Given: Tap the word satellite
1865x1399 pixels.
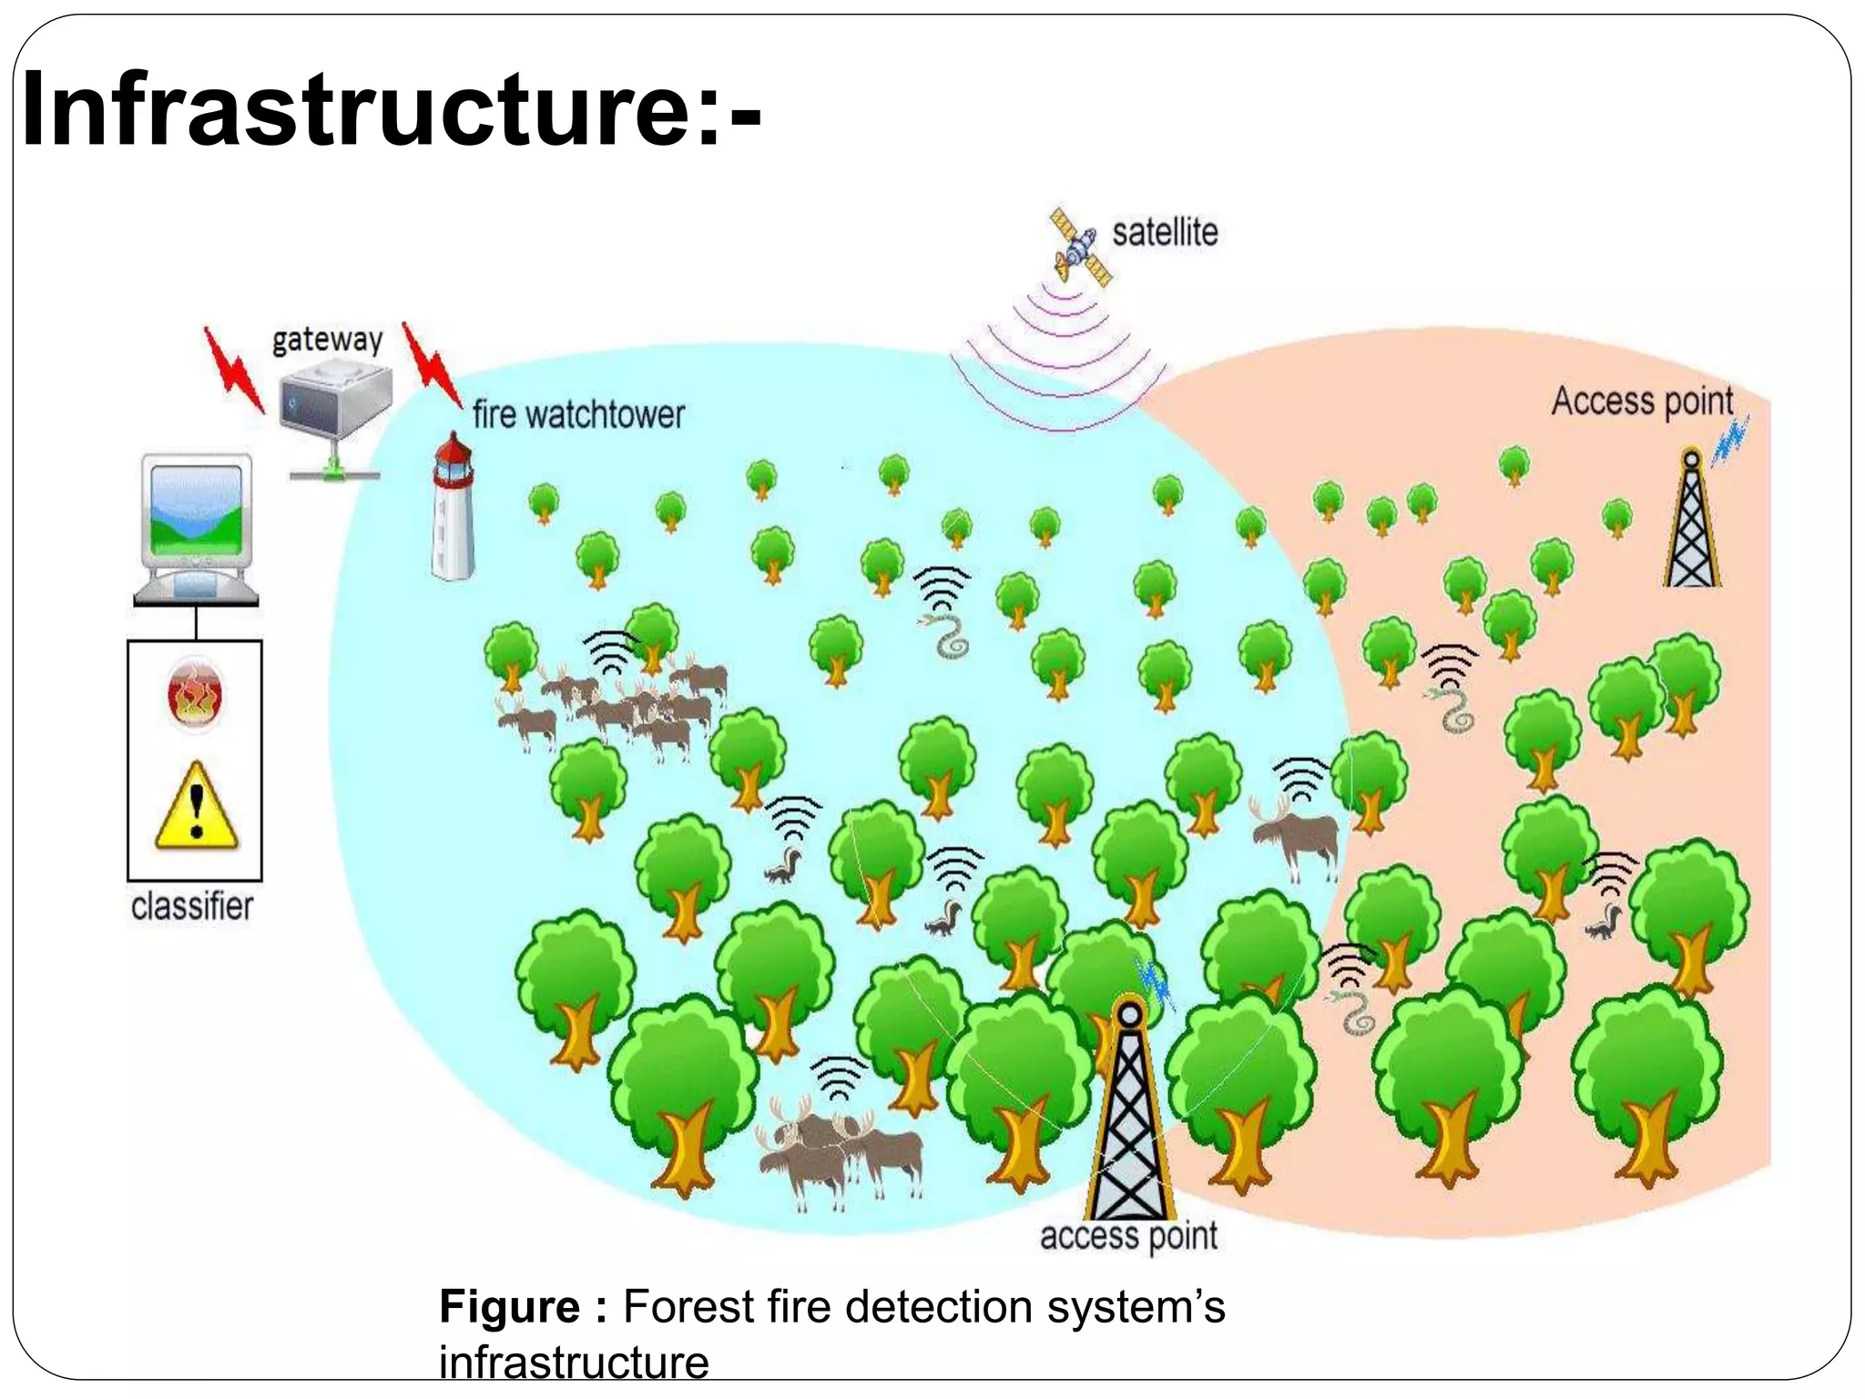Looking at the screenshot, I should pos(1165,233).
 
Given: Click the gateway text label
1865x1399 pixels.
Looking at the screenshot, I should pos(327,341).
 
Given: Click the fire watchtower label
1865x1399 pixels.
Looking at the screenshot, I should pos(578,415).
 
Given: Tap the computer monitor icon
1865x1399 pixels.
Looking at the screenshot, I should pos(196,530).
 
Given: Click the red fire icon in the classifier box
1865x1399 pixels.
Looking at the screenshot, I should pos(195,696).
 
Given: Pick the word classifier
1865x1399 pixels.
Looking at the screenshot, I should pos(192,906).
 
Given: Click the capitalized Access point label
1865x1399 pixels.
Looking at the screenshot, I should pos(1642,402).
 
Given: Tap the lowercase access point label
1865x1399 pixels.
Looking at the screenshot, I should pos(1128,1237).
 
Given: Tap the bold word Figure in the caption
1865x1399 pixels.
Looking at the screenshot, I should pos(510,1307).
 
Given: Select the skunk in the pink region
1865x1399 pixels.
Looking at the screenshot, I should pos(1603,923).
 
